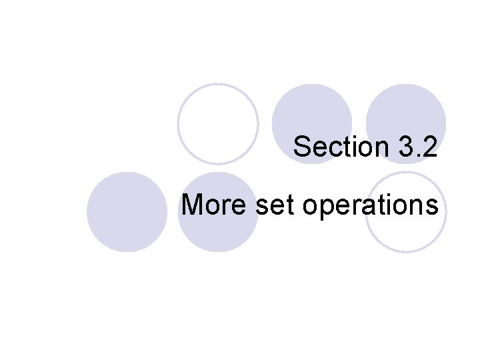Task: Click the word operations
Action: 371,206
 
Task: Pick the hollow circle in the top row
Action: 218,123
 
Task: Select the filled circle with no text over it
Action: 127,212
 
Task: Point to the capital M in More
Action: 193,205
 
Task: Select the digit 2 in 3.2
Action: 430,147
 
